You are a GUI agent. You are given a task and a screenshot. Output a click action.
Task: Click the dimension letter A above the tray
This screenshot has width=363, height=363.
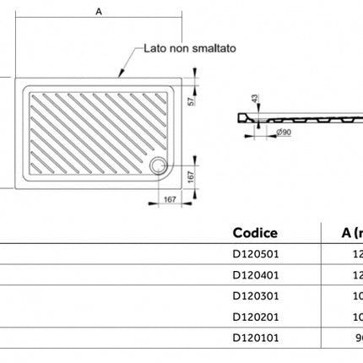pyautogui.click(x=99, y=12)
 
